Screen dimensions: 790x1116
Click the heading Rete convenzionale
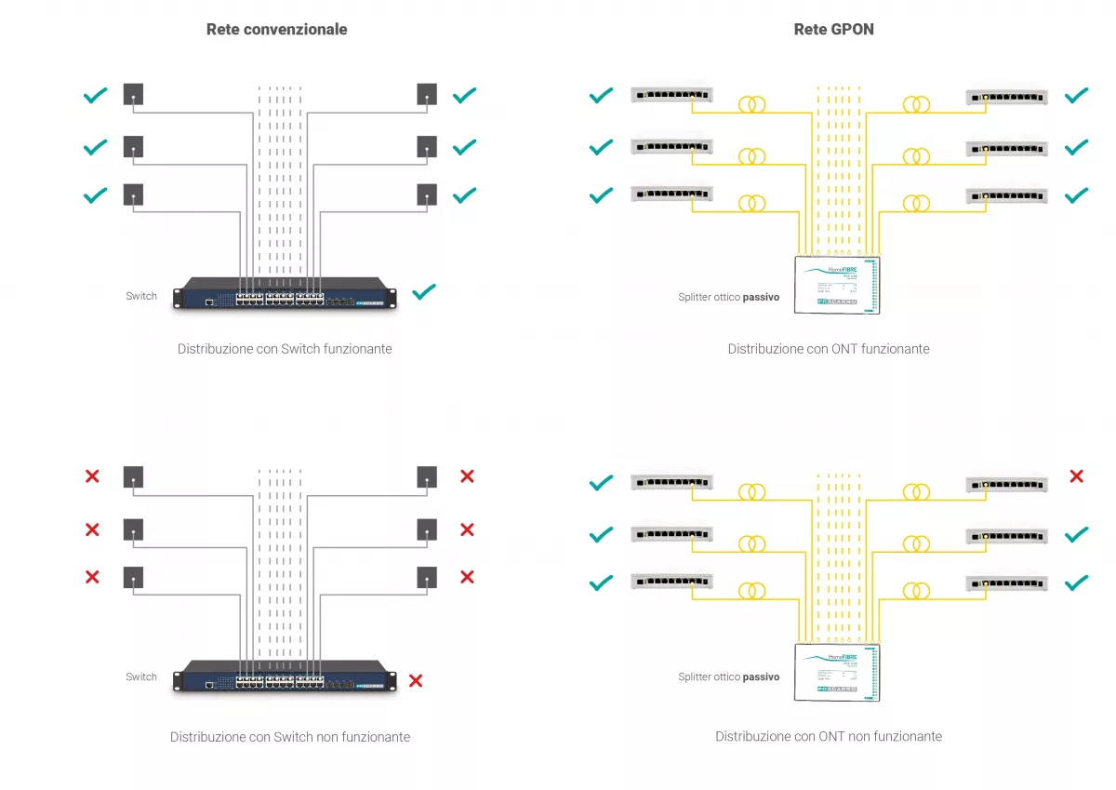pos(276,29)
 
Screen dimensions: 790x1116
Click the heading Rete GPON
pos(833,29)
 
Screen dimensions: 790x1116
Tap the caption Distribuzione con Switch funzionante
pos(285,349)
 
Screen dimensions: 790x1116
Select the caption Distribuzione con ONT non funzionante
pos(828,736)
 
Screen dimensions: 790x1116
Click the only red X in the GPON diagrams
pos(1076,476)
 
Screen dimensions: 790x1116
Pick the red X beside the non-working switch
pos(416,680)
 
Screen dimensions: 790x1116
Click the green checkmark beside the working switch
pos(424,291)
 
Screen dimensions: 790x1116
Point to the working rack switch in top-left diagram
pos(285,292)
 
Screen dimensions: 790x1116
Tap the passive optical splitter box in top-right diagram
pos(837,283)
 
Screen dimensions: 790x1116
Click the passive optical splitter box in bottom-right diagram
pos(837,671)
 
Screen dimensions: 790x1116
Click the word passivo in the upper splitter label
pos(761,298)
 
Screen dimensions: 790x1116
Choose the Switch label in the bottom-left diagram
pos(141,676)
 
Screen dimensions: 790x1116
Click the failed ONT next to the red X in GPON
pos(1006,485)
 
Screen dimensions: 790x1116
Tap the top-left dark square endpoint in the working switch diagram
pos(134,94)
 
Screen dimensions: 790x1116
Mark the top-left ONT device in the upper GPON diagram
pos(671,94)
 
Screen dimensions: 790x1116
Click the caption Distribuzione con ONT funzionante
pos(828,349)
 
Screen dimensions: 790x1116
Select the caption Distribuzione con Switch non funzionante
pos(289,736)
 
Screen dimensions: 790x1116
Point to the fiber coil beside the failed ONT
pos(916,491)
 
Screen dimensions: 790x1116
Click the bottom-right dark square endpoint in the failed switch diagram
pos(427,577)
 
